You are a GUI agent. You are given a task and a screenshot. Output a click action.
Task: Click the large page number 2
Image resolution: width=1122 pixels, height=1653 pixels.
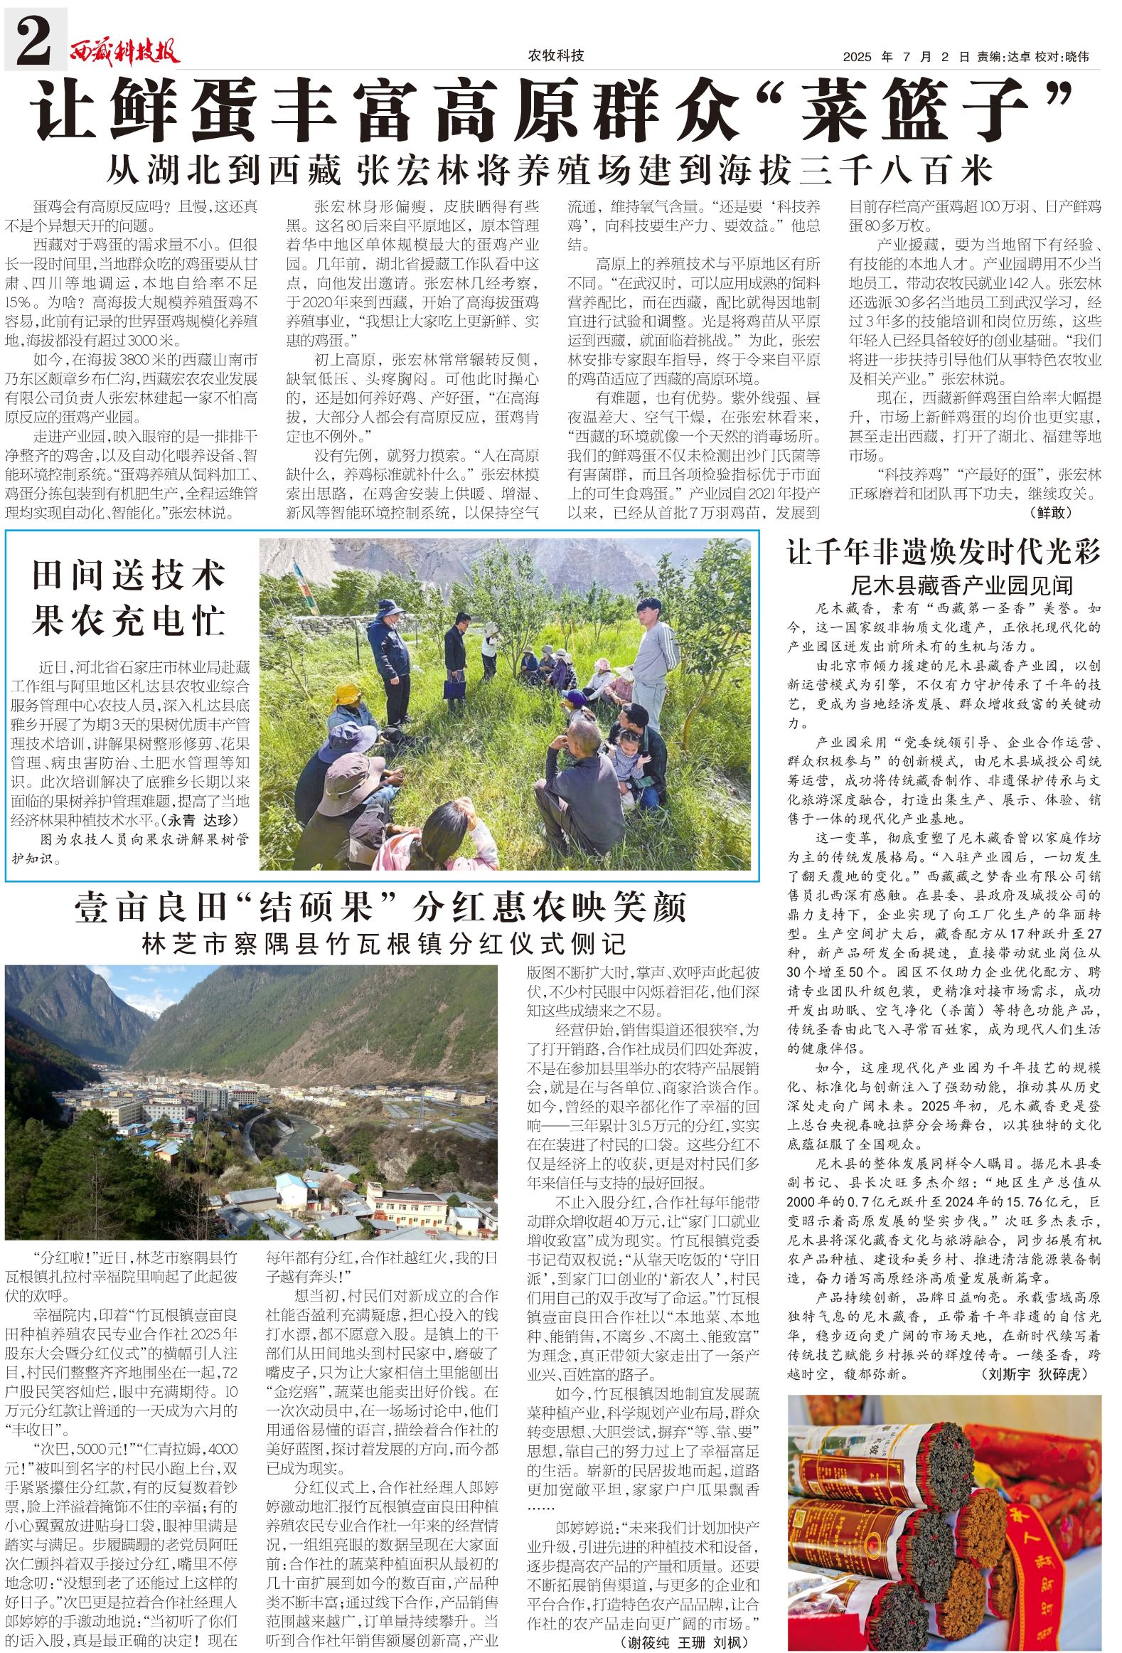(33, 41)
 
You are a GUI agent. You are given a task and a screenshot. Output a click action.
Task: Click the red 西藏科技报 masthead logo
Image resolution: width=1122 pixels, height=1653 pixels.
(124, 51)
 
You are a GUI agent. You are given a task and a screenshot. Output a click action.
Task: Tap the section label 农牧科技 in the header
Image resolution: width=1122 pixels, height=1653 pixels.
(555, 55)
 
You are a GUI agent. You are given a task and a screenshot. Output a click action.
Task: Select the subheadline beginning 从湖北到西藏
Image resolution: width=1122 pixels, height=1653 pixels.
(549, 170)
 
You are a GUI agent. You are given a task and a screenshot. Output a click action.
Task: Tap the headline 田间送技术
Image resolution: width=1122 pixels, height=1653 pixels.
(128, 575)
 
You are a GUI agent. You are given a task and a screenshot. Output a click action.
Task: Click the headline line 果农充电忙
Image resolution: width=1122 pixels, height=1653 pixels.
(128, 620)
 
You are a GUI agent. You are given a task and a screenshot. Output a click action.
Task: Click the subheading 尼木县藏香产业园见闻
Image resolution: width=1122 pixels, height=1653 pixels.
(961, 585)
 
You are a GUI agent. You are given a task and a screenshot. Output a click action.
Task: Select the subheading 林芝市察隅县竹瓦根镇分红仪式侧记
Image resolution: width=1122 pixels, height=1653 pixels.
(384, 944)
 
